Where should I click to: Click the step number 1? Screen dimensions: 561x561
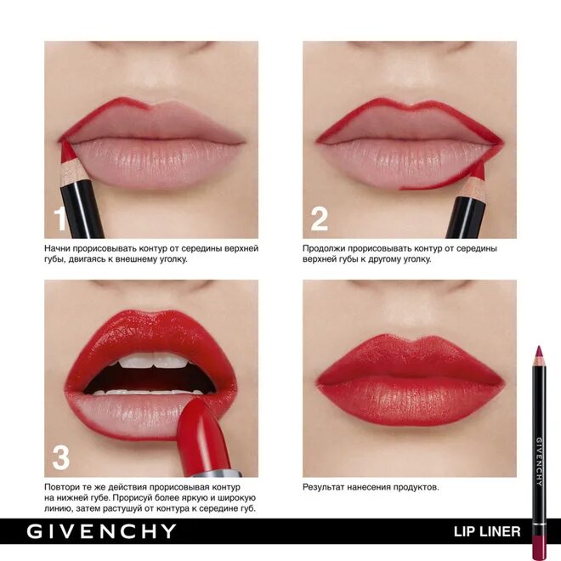(x=59, y=219)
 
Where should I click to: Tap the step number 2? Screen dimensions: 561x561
(x=320, y=218)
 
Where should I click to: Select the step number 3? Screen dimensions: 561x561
(x=60, y=457)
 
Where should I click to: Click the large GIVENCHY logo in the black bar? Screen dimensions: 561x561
(x=101, y=532)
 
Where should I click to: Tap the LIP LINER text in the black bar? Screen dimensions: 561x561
(x=486, y=533)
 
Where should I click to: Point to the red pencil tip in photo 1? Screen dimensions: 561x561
(x=65, y=151)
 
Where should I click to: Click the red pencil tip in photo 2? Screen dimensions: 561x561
(x=478, y=170)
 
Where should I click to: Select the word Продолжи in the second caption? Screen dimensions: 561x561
(x=328, y=248)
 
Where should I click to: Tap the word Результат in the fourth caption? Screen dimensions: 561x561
(x=328, y=487)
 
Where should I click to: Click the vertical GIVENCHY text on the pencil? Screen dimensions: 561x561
(x=538, y=460)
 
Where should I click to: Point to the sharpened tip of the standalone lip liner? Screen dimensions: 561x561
(x=538, y=351)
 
